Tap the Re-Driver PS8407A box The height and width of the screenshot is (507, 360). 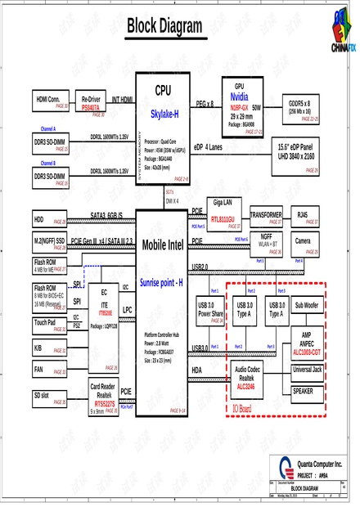[x=92, y=102]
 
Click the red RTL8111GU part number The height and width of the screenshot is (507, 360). [x=223, y=220]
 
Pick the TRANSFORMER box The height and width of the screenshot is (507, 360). [x=266, y=216]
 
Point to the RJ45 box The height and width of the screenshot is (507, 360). [x=303, y=216]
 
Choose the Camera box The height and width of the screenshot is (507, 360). [x=303, y=245]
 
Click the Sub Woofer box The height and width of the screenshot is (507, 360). [x=307, y=307]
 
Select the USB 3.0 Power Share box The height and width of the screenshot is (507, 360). [x=210, y=311]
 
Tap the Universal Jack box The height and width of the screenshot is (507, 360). [x=307, y=370]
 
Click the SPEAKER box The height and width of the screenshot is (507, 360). [x=303, y=392]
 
